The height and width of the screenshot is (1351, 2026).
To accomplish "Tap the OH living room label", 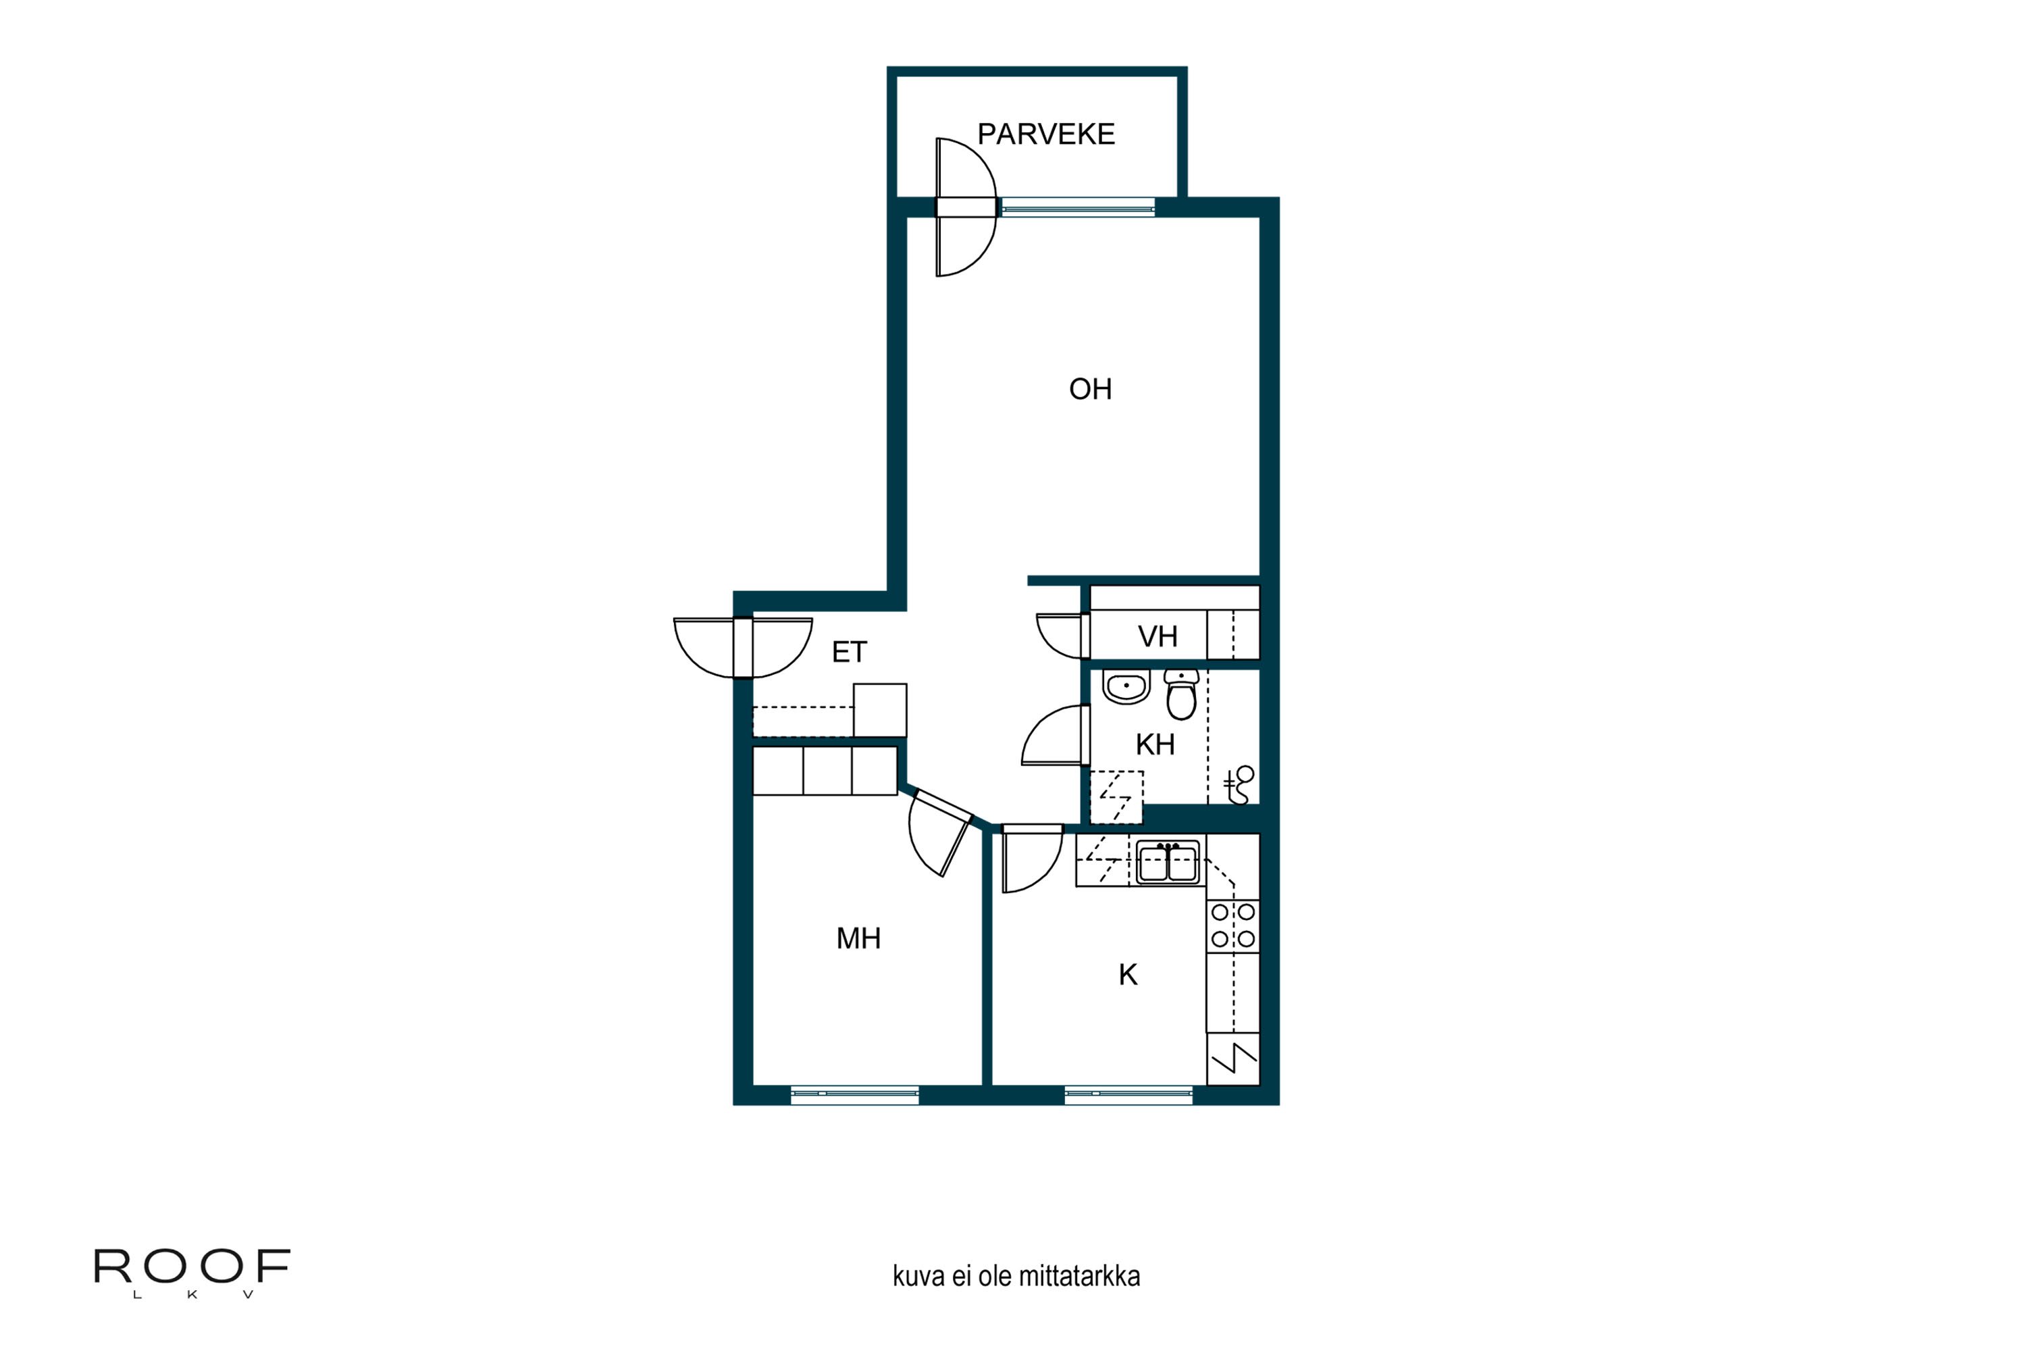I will click(1090, 390).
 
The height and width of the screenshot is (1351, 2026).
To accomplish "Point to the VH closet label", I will click(1157, 637).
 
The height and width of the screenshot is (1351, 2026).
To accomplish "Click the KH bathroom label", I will click(1154, 744).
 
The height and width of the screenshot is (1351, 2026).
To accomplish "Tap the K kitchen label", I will click(1128, 975).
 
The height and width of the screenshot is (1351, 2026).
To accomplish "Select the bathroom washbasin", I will click(1126, 687).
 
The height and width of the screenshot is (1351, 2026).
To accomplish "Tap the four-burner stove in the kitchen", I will click(1232, 926).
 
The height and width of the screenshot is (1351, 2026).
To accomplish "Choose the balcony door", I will click(966, 207).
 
